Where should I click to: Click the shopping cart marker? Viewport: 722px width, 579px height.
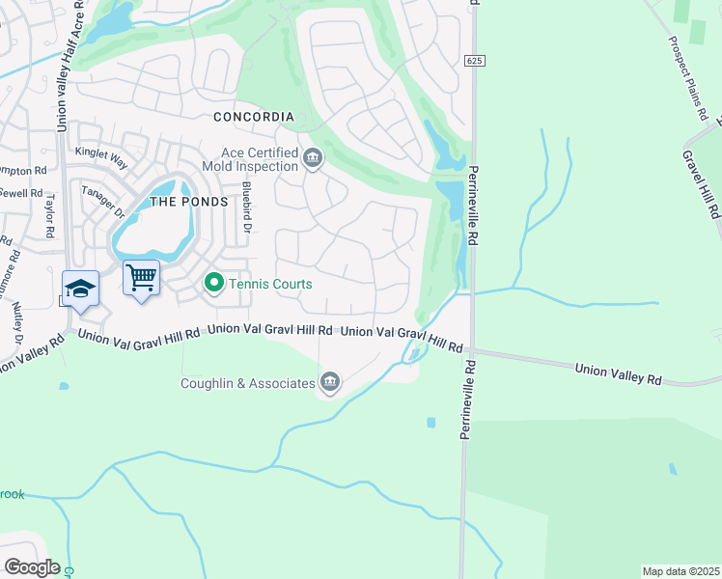(141, 279)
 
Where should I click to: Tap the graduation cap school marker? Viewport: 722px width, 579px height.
(80, 289)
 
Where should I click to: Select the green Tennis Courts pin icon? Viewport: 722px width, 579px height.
(213, 284)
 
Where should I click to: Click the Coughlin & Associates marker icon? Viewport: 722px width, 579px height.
(330, 383)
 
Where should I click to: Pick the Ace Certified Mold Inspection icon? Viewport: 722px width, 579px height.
(312, 158)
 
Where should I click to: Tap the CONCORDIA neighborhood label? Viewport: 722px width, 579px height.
(253, 117)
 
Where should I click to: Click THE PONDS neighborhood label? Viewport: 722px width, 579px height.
(189, 202)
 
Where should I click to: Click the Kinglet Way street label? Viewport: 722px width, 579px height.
(100, 153)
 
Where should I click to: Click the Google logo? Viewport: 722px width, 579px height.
(32, 567)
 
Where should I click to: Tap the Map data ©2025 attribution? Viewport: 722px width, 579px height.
(680, 571)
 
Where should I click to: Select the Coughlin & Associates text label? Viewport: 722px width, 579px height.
(248, 383)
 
